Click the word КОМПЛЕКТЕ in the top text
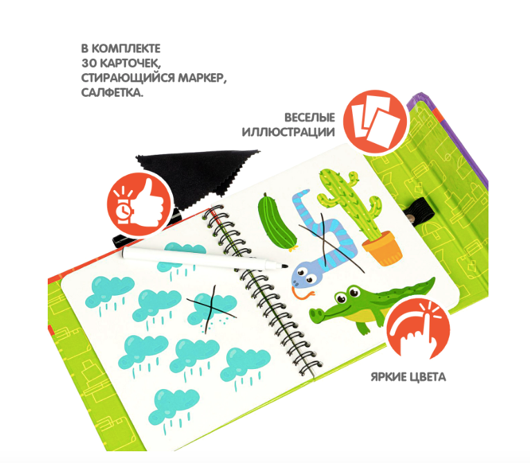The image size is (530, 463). (x=126, y=48)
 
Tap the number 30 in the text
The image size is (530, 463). (x=89, y=63)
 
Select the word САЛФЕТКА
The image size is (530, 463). (x=112, y=93)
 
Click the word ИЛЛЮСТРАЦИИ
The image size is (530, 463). (x=289, y=132)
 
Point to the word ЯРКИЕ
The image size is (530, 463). (x=388, y=377)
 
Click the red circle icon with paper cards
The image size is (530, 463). (x=375, y=122)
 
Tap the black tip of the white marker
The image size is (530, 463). (x=284, y=267)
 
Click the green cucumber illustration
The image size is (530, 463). (x=277, y=222)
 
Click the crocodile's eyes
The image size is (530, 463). (x=347, y=294)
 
